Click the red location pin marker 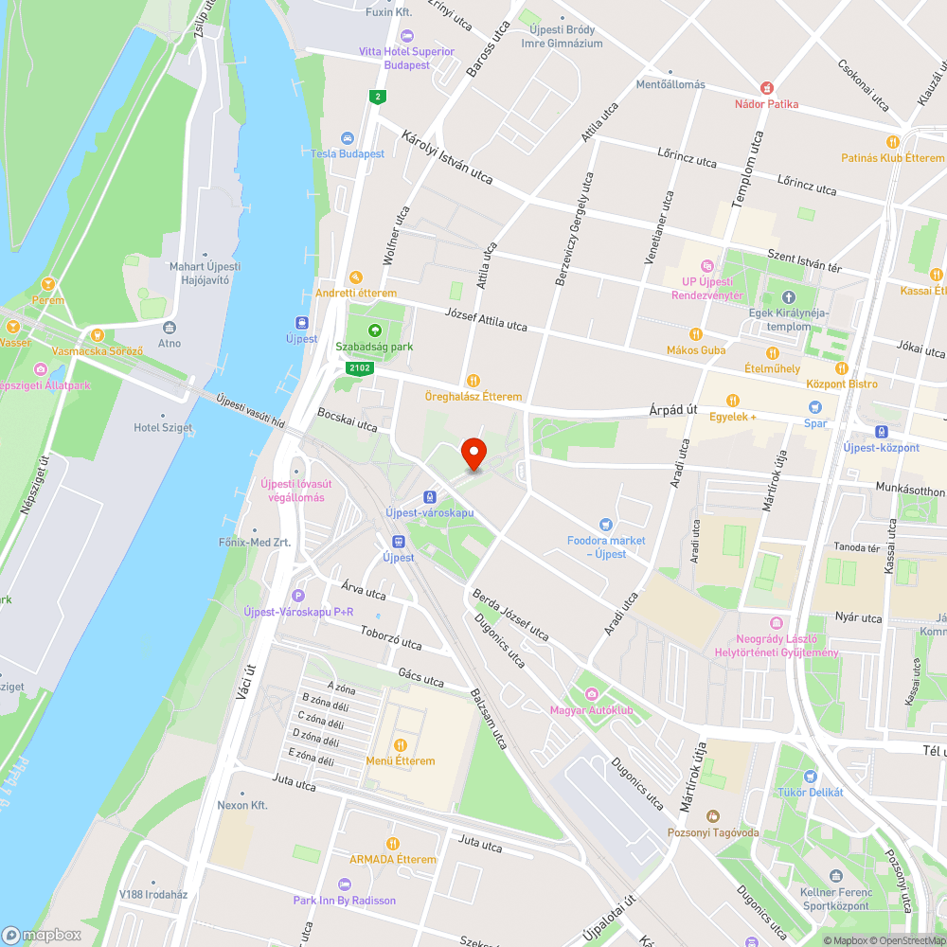click(x=473, y=453)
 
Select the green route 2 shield click(x=378, y=97)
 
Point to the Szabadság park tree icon click(x=374, y=331)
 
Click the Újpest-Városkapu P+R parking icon click(x=299, y=596)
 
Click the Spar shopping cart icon click(x=814, y=407)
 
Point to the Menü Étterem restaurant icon click(x=400, y=745)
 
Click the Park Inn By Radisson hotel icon click(x=344, y=884)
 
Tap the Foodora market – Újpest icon click(x=606, y=525)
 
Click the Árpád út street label click(x=672, y=409)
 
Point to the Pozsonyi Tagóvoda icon click(x=712, y=816)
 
